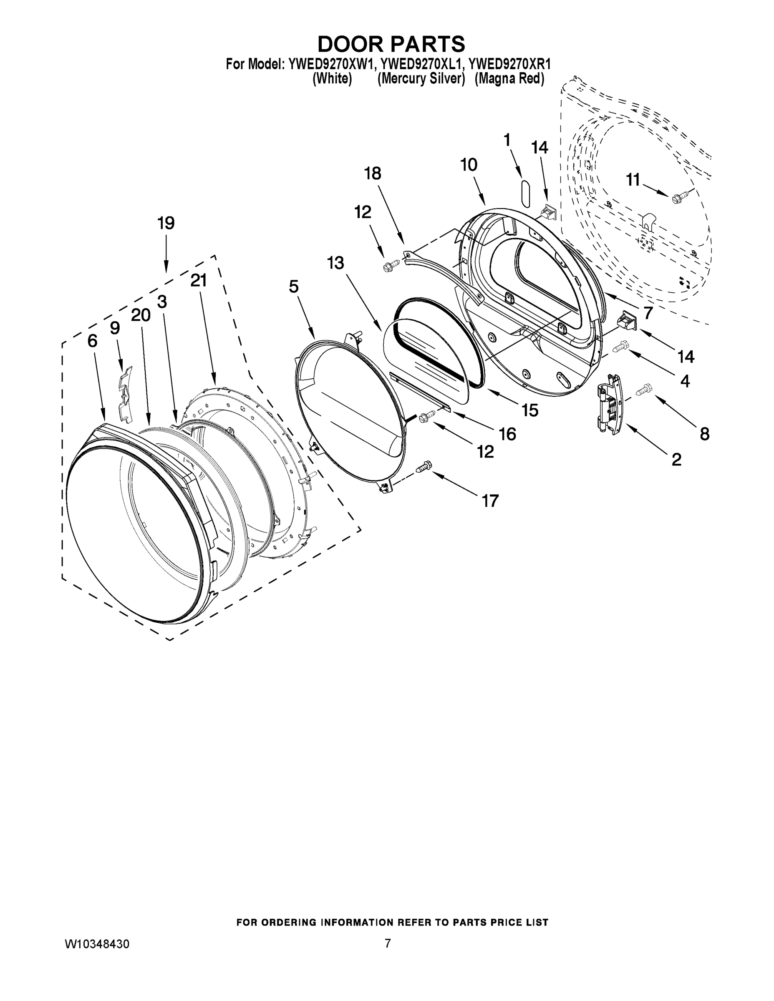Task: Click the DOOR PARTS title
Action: [391, 44]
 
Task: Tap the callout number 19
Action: [166, 223]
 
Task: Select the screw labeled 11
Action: [676, 199]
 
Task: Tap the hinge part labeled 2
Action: [608, 403]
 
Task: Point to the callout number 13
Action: [335, 263]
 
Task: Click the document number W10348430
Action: [97, 944]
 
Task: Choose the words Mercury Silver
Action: [421, 79]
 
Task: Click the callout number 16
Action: [507, 434]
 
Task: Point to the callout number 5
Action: [293, 287]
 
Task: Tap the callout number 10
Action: [469, 165]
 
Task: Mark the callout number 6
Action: [92, 341]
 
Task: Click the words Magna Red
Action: [509, 79]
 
